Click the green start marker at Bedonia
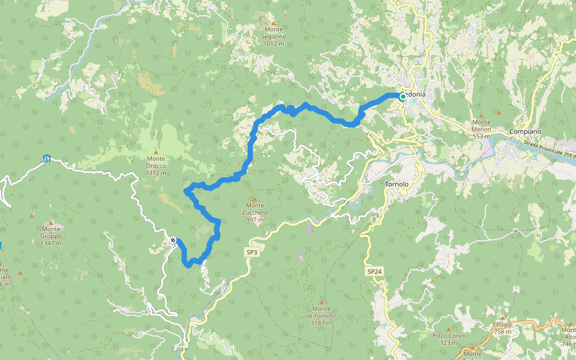pos(403,96)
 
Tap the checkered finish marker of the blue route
pos(173,241)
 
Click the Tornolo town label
pos(396,184)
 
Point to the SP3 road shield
pos(251,253)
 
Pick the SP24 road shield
pos(374,272)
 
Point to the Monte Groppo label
pos(51,232)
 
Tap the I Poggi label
pos(502,328)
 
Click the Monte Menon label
pos(481,133)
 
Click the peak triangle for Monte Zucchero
pos(255,199)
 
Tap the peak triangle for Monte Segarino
pos(274,23)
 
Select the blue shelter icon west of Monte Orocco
pos(47,158)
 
